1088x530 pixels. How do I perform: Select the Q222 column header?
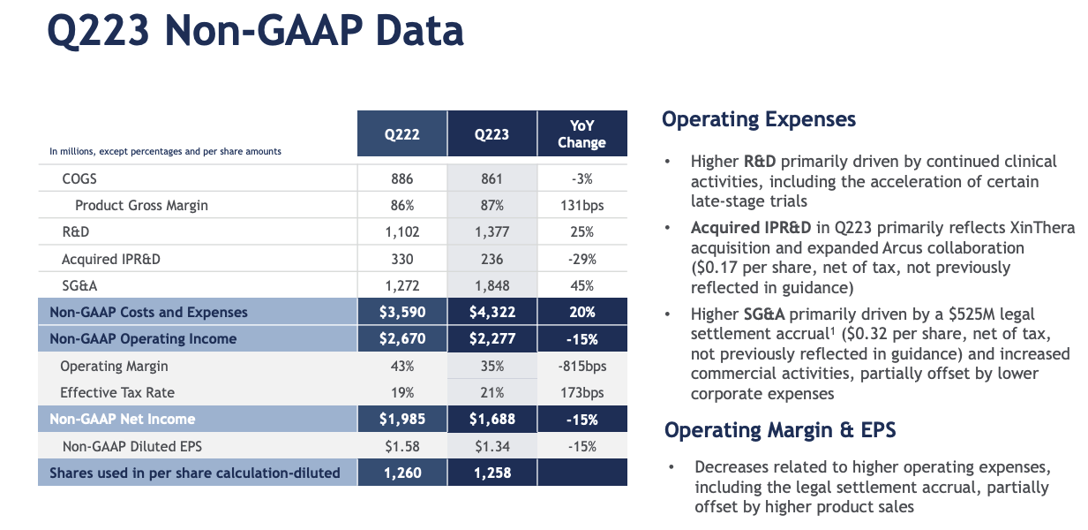tap(401, 135)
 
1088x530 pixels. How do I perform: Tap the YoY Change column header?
tap(582, 134)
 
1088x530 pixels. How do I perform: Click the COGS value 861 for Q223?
tap(491, 178)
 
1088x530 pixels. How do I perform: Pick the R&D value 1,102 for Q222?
tap(401, 232)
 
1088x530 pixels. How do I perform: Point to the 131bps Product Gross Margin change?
tap(582, 205)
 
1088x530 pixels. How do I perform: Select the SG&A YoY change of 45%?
tap(582, 285)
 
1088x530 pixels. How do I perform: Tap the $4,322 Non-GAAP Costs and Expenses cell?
tap(491, 312)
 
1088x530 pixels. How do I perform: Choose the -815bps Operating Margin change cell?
tap(582, 366)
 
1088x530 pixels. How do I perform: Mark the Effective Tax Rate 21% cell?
tap(491, 392)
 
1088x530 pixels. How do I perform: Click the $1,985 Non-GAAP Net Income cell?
tap(401, 419)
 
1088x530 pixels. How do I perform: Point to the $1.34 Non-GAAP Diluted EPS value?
tap(491, 446)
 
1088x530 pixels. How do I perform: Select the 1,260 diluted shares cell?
tap(401, 473)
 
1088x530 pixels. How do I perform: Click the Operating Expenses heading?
tap(759, 119)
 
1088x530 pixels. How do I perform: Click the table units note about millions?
tap(165, 151)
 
